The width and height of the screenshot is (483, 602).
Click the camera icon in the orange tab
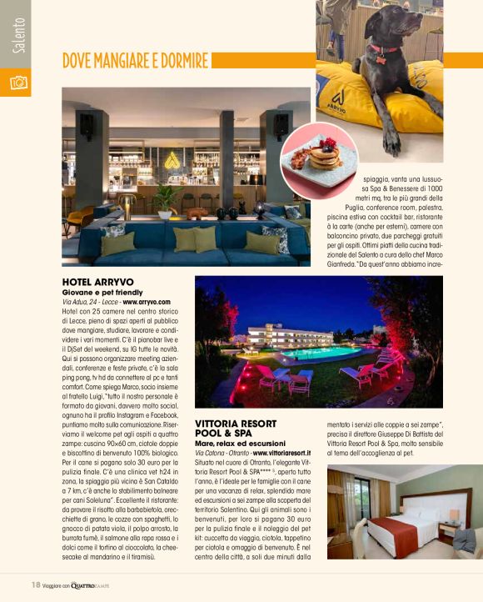click(x=17, y=83)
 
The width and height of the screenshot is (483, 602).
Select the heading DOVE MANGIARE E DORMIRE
click(x=135, y=61)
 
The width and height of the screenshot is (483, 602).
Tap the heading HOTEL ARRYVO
click(x=98, y=283)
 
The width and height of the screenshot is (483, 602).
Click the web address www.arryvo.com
click(x=147, y=302)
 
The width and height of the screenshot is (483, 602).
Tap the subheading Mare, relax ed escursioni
click(x=239, y=444)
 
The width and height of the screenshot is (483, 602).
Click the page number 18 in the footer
click(x=36, y=584)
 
